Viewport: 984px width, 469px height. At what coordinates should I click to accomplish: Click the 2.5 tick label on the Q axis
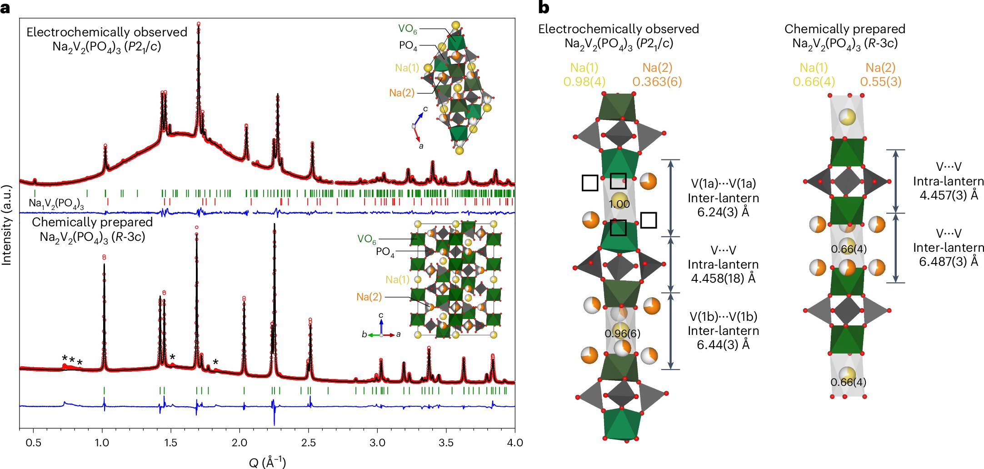pos(308,443)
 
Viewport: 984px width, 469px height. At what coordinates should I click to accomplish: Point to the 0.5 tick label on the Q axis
pos(33,443)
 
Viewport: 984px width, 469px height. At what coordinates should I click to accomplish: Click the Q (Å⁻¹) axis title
pos(267,462)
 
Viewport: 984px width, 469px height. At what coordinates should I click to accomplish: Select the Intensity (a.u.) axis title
pos(6,225)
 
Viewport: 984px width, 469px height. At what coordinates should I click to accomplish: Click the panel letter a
pos(5,7)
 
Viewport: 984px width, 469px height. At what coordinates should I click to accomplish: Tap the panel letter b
pos(543,7)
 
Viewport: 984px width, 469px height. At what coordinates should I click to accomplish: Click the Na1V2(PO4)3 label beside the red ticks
pos(56,203)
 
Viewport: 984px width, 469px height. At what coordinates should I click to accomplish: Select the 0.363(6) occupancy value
pos(657,82)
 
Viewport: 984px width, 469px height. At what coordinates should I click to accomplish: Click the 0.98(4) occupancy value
pos(584,82)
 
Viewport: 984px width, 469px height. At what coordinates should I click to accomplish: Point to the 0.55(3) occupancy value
pos(880,82)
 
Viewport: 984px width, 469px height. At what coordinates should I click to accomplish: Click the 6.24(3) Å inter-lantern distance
pos(723,212)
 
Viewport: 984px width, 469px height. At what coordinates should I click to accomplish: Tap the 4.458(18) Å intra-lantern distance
pos(723,278)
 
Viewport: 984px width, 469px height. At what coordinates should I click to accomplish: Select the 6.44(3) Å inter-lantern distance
pos(723,344)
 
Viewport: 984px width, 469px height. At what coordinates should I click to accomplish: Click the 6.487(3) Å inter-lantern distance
pos(948,262)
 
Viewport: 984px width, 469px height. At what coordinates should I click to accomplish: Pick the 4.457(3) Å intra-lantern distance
pos(948,195)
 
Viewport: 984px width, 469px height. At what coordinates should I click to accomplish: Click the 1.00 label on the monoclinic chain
pos(619,204)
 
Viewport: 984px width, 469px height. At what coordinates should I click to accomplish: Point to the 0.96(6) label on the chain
pos(622,334)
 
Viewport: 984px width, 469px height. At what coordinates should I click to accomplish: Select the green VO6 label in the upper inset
pos(407,29)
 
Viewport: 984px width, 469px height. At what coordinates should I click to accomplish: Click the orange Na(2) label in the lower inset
pos(369,297)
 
